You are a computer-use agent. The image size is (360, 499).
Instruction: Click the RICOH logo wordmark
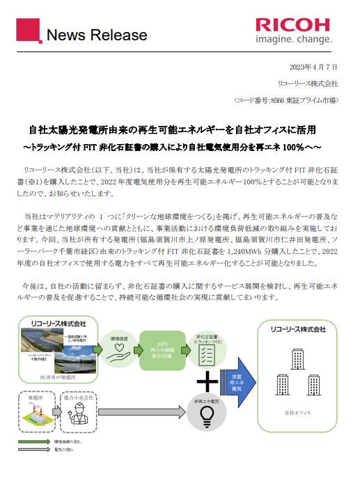coord(292,24)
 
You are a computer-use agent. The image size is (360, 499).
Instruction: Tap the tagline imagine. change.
coord(292,40)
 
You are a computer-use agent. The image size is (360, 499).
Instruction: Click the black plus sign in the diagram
coord(207,381)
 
